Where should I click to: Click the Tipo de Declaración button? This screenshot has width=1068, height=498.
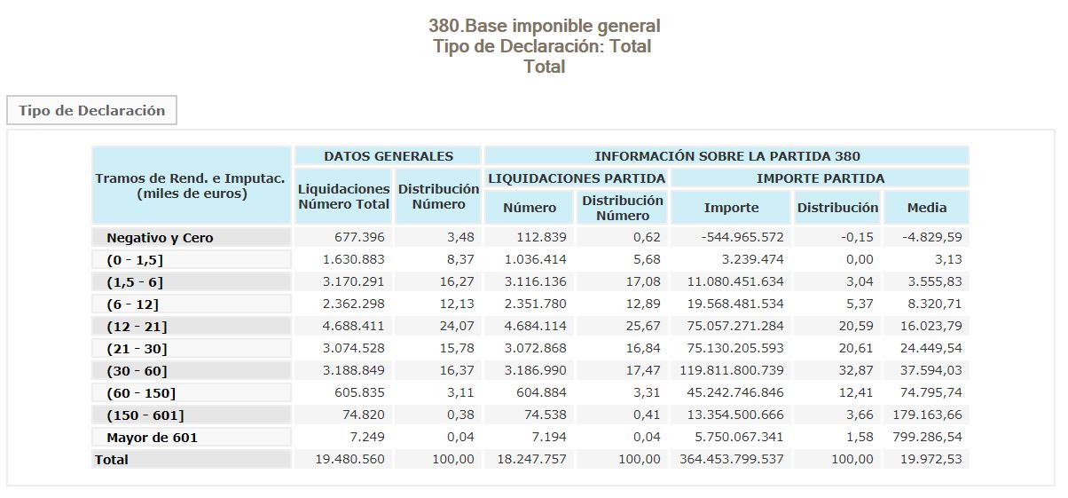(x=92, y=111)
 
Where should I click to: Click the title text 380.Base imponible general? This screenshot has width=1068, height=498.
(x=544, y=26)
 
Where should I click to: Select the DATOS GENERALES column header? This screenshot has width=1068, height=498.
(x=388, y=156)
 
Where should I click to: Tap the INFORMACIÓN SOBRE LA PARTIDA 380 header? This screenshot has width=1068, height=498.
(x=726, y=156)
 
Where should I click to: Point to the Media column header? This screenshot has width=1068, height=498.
(x=926, y=208)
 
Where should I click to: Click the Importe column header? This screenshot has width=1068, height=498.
(x=731, y=208)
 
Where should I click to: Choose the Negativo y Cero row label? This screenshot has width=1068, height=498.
(x=160, y=238)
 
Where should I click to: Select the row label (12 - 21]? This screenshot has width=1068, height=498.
(x=137, y=327)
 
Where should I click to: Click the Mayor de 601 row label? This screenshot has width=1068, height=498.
(x=152, y=438)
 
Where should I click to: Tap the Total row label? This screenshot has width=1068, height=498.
(x=112, y=460)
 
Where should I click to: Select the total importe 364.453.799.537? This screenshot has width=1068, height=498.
(x=732, y=460)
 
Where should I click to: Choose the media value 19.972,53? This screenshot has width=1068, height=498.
(x=927, y=460)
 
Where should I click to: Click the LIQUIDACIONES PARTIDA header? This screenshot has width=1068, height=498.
(x=577, y=178)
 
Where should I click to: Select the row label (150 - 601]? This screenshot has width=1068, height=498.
(x=145, y=415)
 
